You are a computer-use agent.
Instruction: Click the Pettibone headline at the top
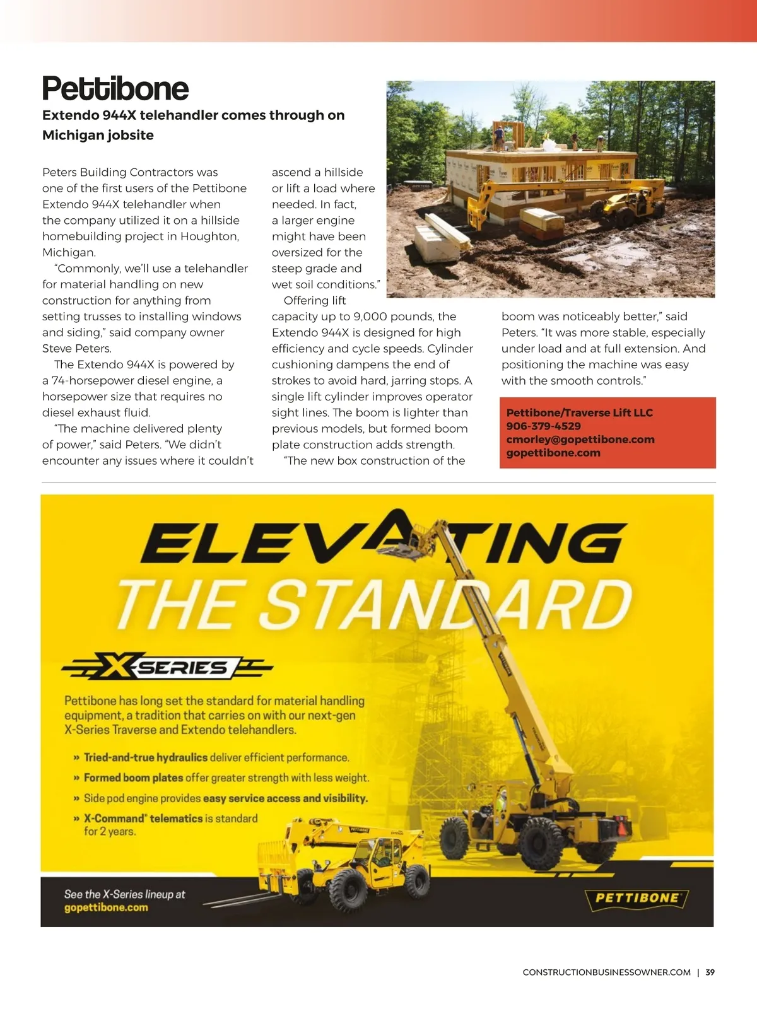115,88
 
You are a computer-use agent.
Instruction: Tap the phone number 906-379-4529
543,426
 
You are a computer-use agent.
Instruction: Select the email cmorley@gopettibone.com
580,439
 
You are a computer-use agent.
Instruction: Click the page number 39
710,972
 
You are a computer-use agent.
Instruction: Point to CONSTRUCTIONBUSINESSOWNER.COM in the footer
606,972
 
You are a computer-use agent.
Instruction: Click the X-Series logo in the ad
167,667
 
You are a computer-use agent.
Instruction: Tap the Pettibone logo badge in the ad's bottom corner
637,897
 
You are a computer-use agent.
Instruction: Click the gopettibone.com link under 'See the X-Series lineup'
106,907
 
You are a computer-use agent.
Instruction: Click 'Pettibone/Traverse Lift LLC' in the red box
579,412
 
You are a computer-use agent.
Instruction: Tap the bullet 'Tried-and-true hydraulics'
146,757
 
